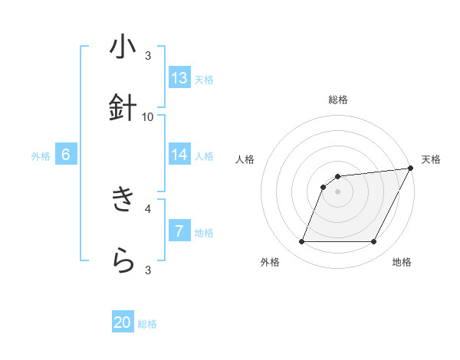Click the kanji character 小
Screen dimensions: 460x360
123,47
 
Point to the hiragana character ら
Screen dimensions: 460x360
123,261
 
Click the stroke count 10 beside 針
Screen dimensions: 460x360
148,116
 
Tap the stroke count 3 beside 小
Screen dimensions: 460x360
148,55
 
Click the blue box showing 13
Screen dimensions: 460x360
179,78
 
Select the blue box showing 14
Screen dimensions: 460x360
179,155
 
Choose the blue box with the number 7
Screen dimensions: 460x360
179,231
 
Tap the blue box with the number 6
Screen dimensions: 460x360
66,155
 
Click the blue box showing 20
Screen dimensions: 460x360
123,323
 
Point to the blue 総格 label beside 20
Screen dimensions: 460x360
147,324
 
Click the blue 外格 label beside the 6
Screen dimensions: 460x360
41,155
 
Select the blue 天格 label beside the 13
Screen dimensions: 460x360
204,79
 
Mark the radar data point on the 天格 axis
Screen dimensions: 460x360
410,169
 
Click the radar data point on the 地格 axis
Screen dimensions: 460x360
373,242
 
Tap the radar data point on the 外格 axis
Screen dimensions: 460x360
301,242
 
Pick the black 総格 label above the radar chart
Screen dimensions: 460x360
337,100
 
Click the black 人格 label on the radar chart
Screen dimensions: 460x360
245,159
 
